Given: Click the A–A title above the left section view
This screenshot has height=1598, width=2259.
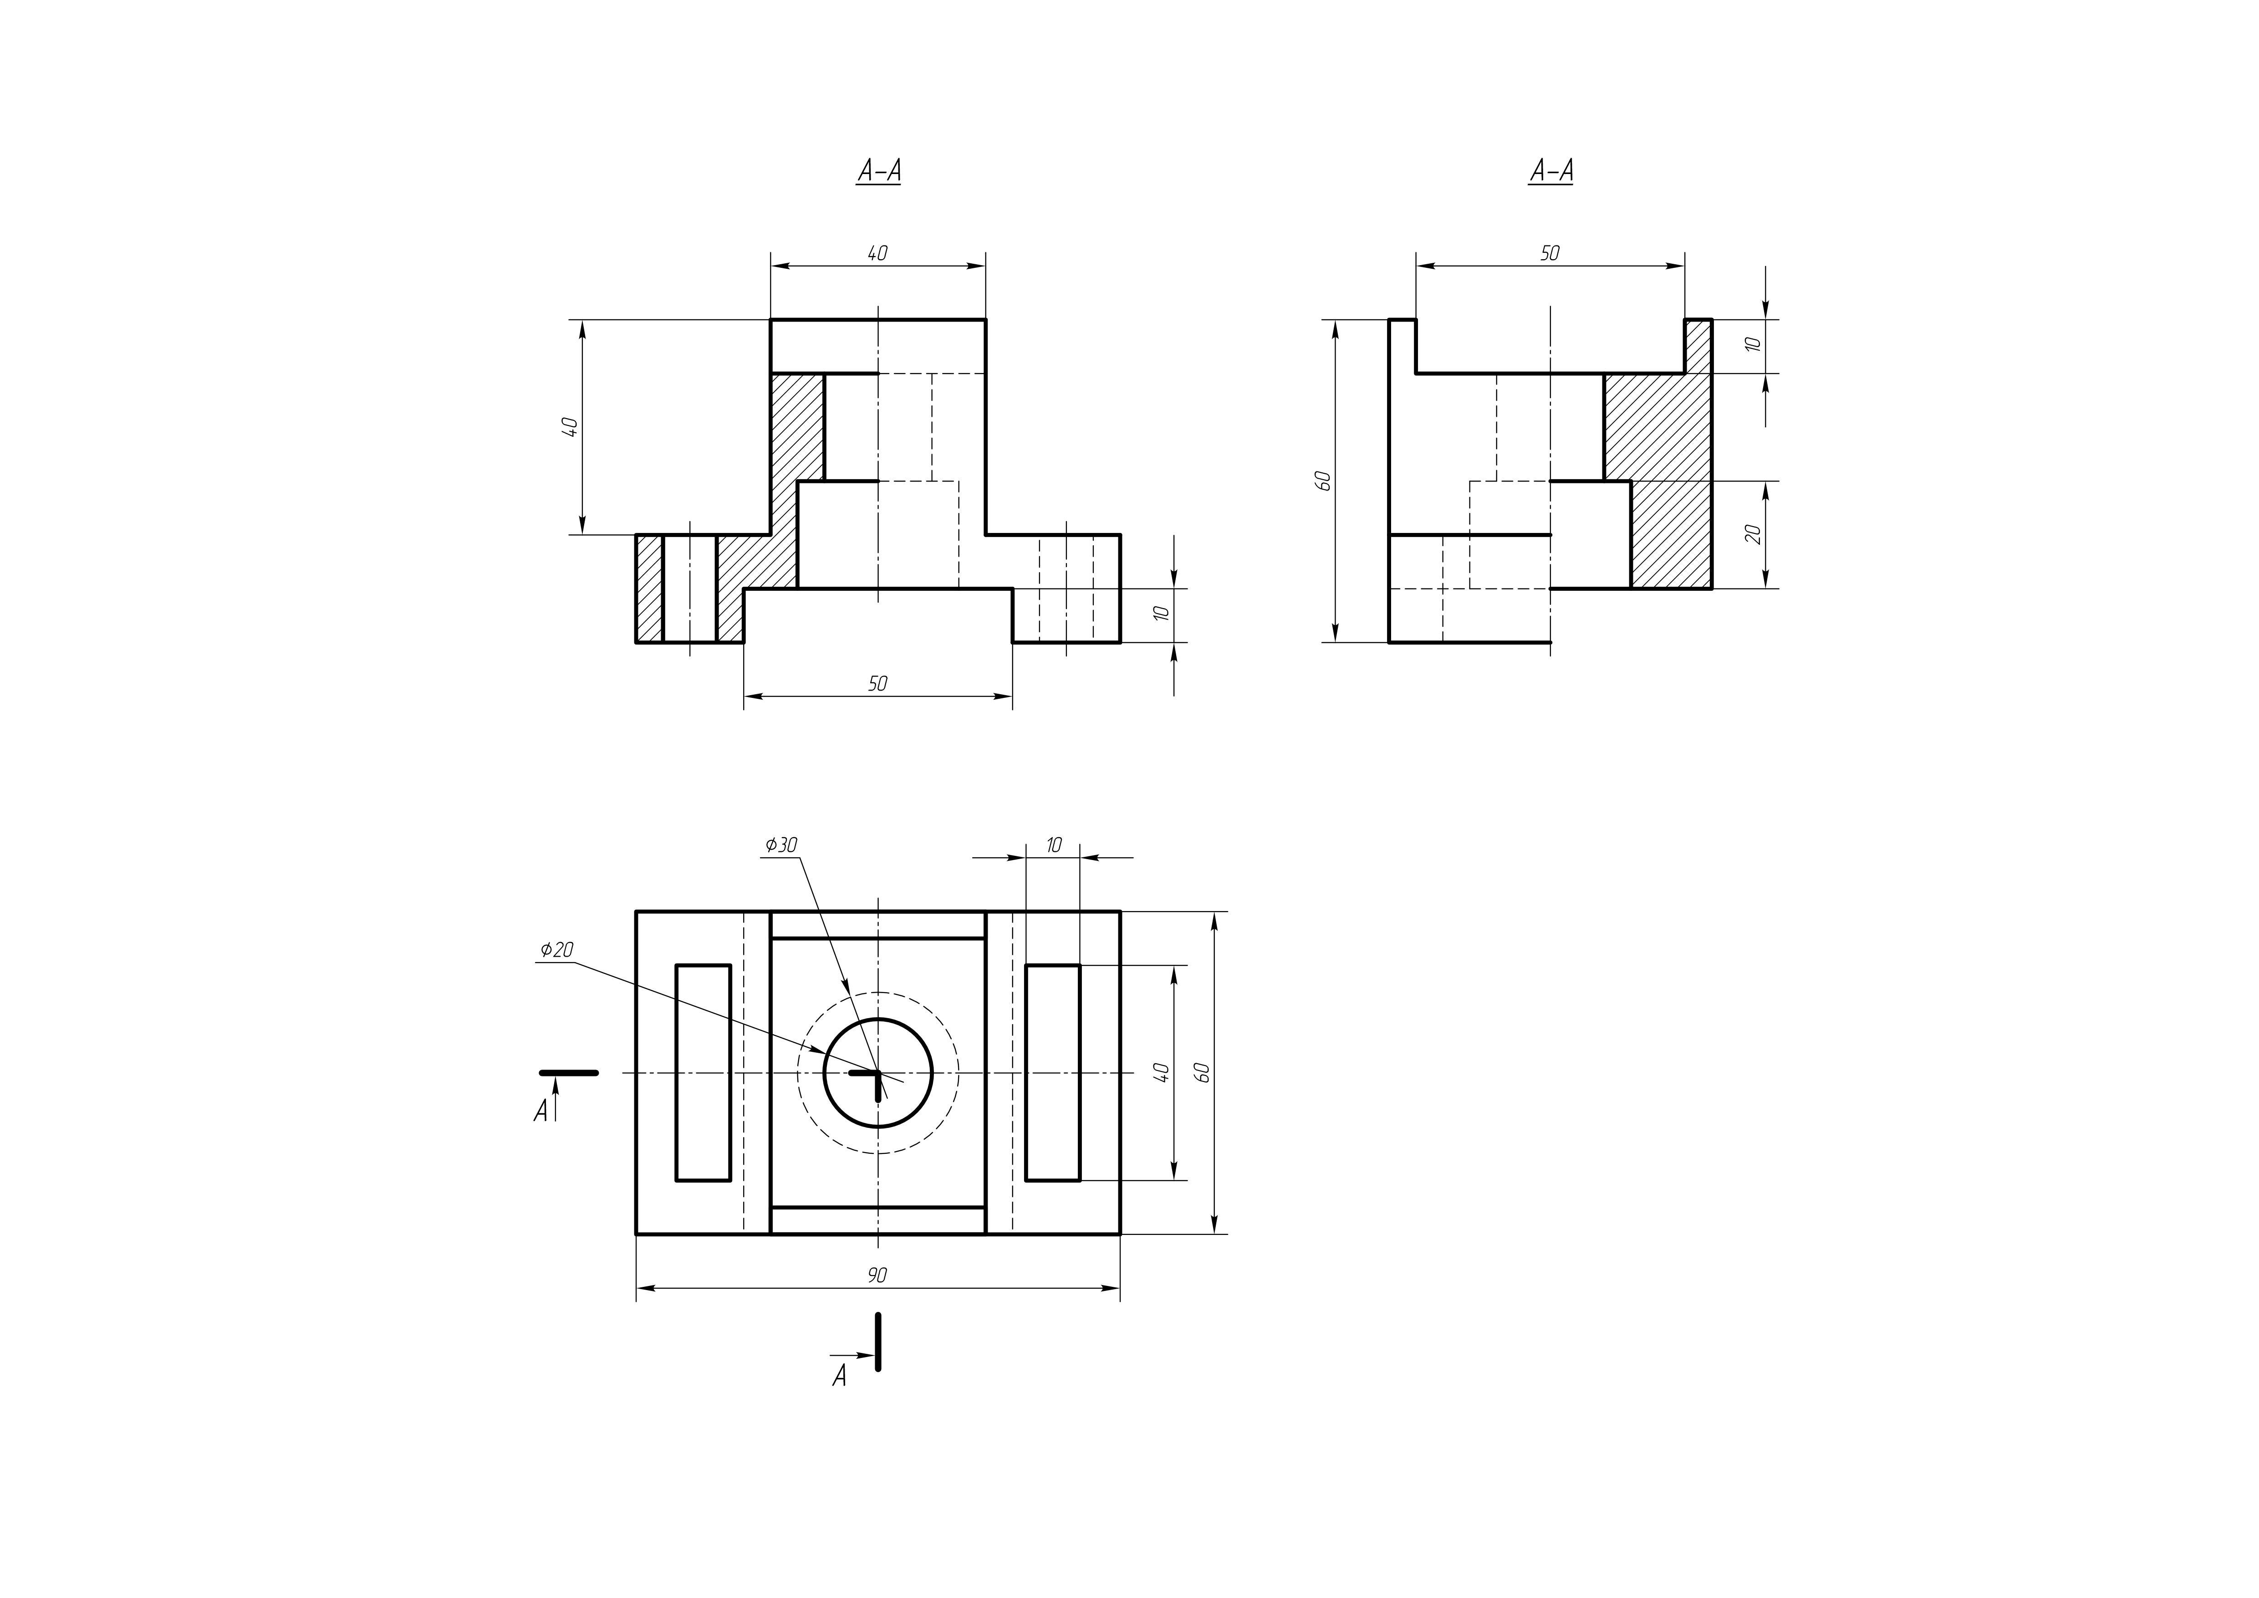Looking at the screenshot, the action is pyautogui.click(x=879, y=171).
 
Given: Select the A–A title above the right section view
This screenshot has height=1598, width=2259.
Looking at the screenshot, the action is pyautogui.click(x=1550, y=171).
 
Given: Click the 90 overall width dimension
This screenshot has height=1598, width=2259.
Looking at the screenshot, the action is pyautogui.click(x=877, y=1275).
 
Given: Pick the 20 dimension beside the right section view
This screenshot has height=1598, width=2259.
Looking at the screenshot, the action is pyautogui.click(x=1752, y=534).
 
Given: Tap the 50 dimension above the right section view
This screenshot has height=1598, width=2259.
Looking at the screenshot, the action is pyautogui.click(x=1550, y=254).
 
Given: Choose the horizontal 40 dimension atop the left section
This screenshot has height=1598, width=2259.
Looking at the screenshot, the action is pyautogui.click(x=877, y=254).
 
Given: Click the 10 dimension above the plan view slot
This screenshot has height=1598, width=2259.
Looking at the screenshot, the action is pyautogui.click(x=1054, y=845).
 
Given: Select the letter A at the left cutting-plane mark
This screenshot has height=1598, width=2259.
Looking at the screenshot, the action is pyautogui.click(x=540, y=1112).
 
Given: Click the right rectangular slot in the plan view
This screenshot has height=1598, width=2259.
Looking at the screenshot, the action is pyautogui.click(x=1053, y=1073).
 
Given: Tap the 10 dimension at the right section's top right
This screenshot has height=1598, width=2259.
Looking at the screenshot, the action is pyautogui.click(x=1752, y=345).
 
